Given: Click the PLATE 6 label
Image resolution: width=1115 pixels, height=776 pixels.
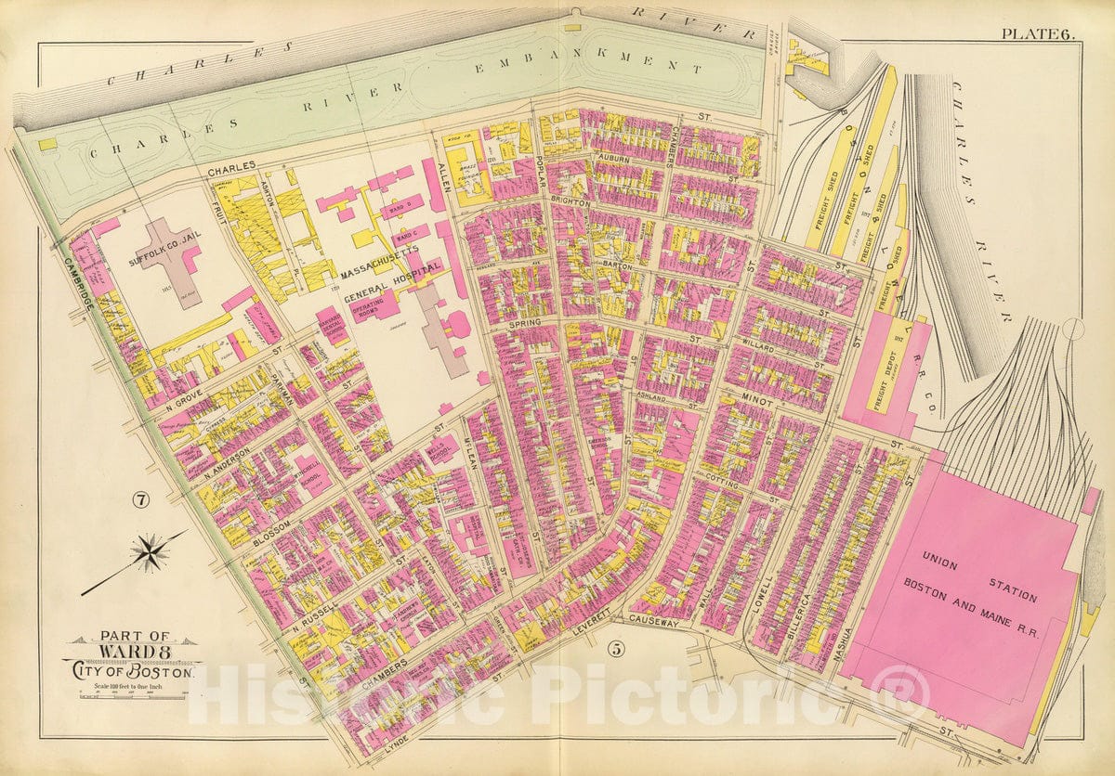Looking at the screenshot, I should tap(1037, 34).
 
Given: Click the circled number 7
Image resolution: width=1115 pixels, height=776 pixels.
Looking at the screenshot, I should tap(140, 501).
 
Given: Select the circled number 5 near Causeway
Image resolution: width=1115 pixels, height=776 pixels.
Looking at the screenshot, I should tap(617, 650).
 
